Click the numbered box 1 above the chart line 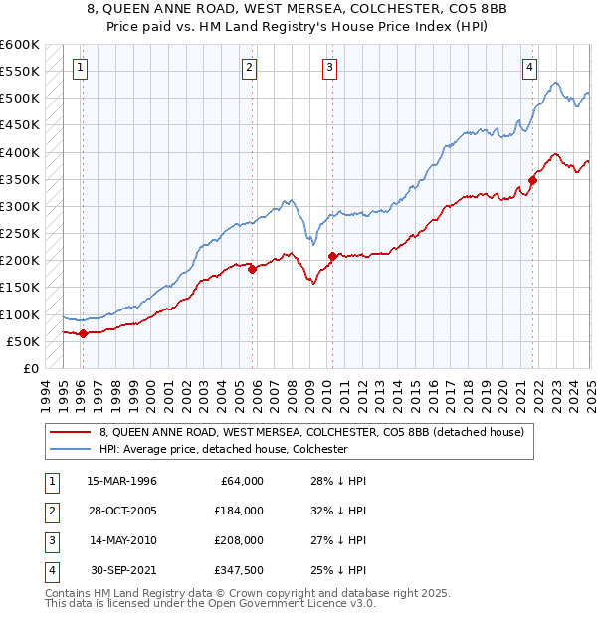pyautogui.click(x=80, y=68)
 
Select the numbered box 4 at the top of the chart pyautogui.click(x=530, y=68)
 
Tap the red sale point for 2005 pyautogui.click(x=253, y=268)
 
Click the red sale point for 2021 pyautogui.click(x=532, y=180)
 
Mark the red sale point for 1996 pyautogui.click(x=83, y=333)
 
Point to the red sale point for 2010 pyautogui.click(x=331, y=255)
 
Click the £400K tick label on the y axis pyautogui.click(x=20, y=152)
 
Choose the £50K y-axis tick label pyautogui.click(x=23, y=341)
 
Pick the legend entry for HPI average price pyautogui.click(x=223, y=449)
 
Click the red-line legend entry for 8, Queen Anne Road pyautogui.click(x=317, y=432)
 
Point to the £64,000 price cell pyautogui.click(x=240, y=481)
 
